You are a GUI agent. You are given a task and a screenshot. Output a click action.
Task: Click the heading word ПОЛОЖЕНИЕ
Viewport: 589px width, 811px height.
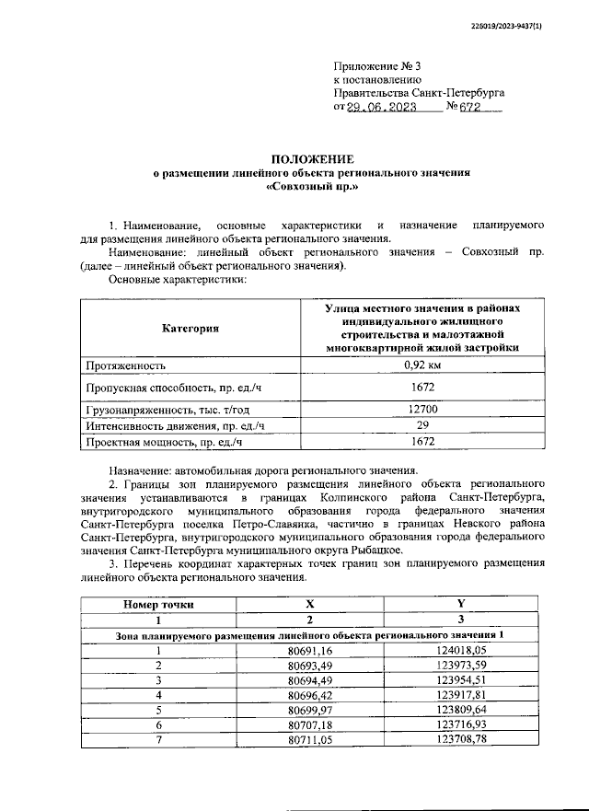click(x=310, y=158)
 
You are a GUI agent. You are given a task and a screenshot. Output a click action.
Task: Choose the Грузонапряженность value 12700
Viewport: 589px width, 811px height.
click(x=422, y=408)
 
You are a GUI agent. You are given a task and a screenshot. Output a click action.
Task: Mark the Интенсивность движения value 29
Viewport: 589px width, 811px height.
click(x=422, y=424)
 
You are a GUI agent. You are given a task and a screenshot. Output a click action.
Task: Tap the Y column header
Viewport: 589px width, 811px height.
click(x=459, y=604)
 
